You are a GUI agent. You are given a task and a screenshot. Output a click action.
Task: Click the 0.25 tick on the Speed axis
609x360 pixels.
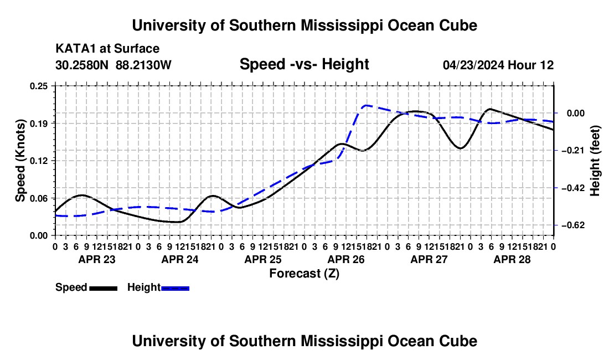pyautogui.click(x=39, y=86)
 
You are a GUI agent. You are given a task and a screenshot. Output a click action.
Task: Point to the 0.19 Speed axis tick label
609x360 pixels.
pyautogui.click(x=39, y=124)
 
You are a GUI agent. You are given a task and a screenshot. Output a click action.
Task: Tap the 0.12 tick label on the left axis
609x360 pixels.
pyautogui.click(x=39, y=161)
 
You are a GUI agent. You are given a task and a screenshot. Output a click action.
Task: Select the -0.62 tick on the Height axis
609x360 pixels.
pyautogui.click(x=573, y=225)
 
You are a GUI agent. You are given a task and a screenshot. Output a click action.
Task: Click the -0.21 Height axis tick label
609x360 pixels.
pyautogui.click(x=573, y=150)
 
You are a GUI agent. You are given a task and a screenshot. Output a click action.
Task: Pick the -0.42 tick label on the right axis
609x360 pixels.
pyautogui.click(x=573, y=188)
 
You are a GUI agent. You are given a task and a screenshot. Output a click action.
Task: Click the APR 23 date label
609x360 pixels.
pyautogui.click(x=97, y=259)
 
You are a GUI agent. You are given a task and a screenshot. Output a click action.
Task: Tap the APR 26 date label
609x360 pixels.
pyautogui.click(x=346, y=259)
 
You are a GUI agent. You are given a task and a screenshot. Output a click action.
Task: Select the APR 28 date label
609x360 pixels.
pyautogui.click(x=512, y=259)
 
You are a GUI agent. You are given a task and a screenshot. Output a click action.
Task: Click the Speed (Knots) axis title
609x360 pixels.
pyautogui.click(x=20, y=161)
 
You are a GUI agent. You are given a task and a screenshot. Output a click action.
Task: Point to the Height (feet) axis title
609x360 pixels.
pyautogui.click(x=595, y=161)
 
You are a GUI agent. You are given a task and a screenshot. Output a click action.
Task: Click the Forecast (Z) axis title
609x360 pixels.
pyautogui.click(x=304, y=274)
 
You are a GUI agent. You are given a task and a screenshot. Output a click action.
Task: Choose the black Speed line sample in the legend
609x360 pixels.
pyautogui.click(x=104, y=288)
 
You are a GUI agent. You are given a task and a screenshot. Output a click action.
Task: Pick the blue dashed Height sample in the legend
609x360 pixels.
pyautogui.click(x=175, y=288)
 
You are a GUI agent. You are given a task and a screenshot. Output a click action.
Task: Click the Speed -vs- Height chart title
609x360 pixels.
pyautogui.click(x=304, y=64)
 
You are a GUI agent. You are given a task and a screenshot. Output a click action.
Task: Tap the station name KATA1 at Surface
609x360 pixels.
pyautogui.click(x=107, y=49)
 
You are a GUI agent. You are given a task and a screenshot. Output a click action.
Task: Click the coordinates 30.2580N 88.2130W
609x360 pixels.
pyautogui.click(x=113, y=65)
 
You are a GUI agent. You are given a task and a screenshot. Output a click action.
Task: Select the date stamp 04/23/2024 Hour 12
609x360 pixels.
pyautogui.click(x=498, y=65)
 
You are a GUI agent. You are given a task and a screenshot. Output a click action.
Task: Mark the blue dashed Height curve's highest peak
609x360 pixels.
pyautogui.click(x=367, y=105)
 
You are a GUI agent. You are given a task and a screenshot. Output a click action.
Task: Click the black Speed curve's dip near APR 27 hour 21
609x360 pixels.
pyautogui.click(x=460, y=148)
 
